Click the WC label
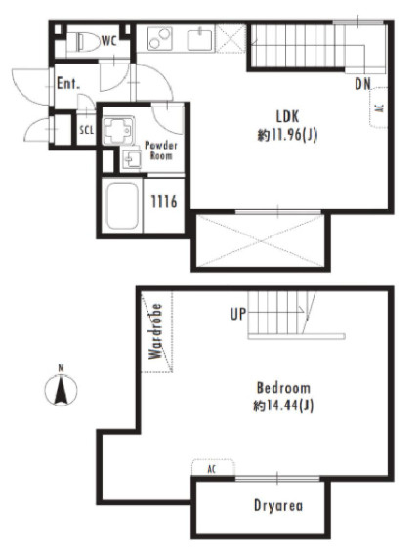(x=108, y=41)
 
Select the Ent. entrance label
(x=68, y=84)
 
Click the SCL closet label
(x=87, y=130)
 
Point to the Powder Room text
(x=161, y=150)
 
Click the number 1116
(x=164, y=202)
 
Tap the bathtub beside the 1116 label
(x=122, y=205)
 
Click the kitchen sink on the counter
(x=200, y=39)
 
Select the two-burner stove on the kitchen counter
(x=160, y=38)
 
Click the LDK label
(x=287, y=116)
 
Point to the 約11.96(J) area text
(x=287, y=135)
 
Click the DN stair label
(x=362, y=84)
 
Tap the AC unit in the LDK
(x=378, y=107)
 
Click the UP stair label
(x=237, y=314)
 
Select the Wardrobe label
(x=155, y=331)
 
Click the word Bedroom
(x=283, y=388)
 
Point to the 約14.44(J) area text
(x=283, y=406)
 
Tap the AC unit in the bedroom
(x=213, y=468)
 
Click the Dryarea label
(x=278, y=505)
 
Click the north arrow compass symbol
(x=61, y=389)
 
